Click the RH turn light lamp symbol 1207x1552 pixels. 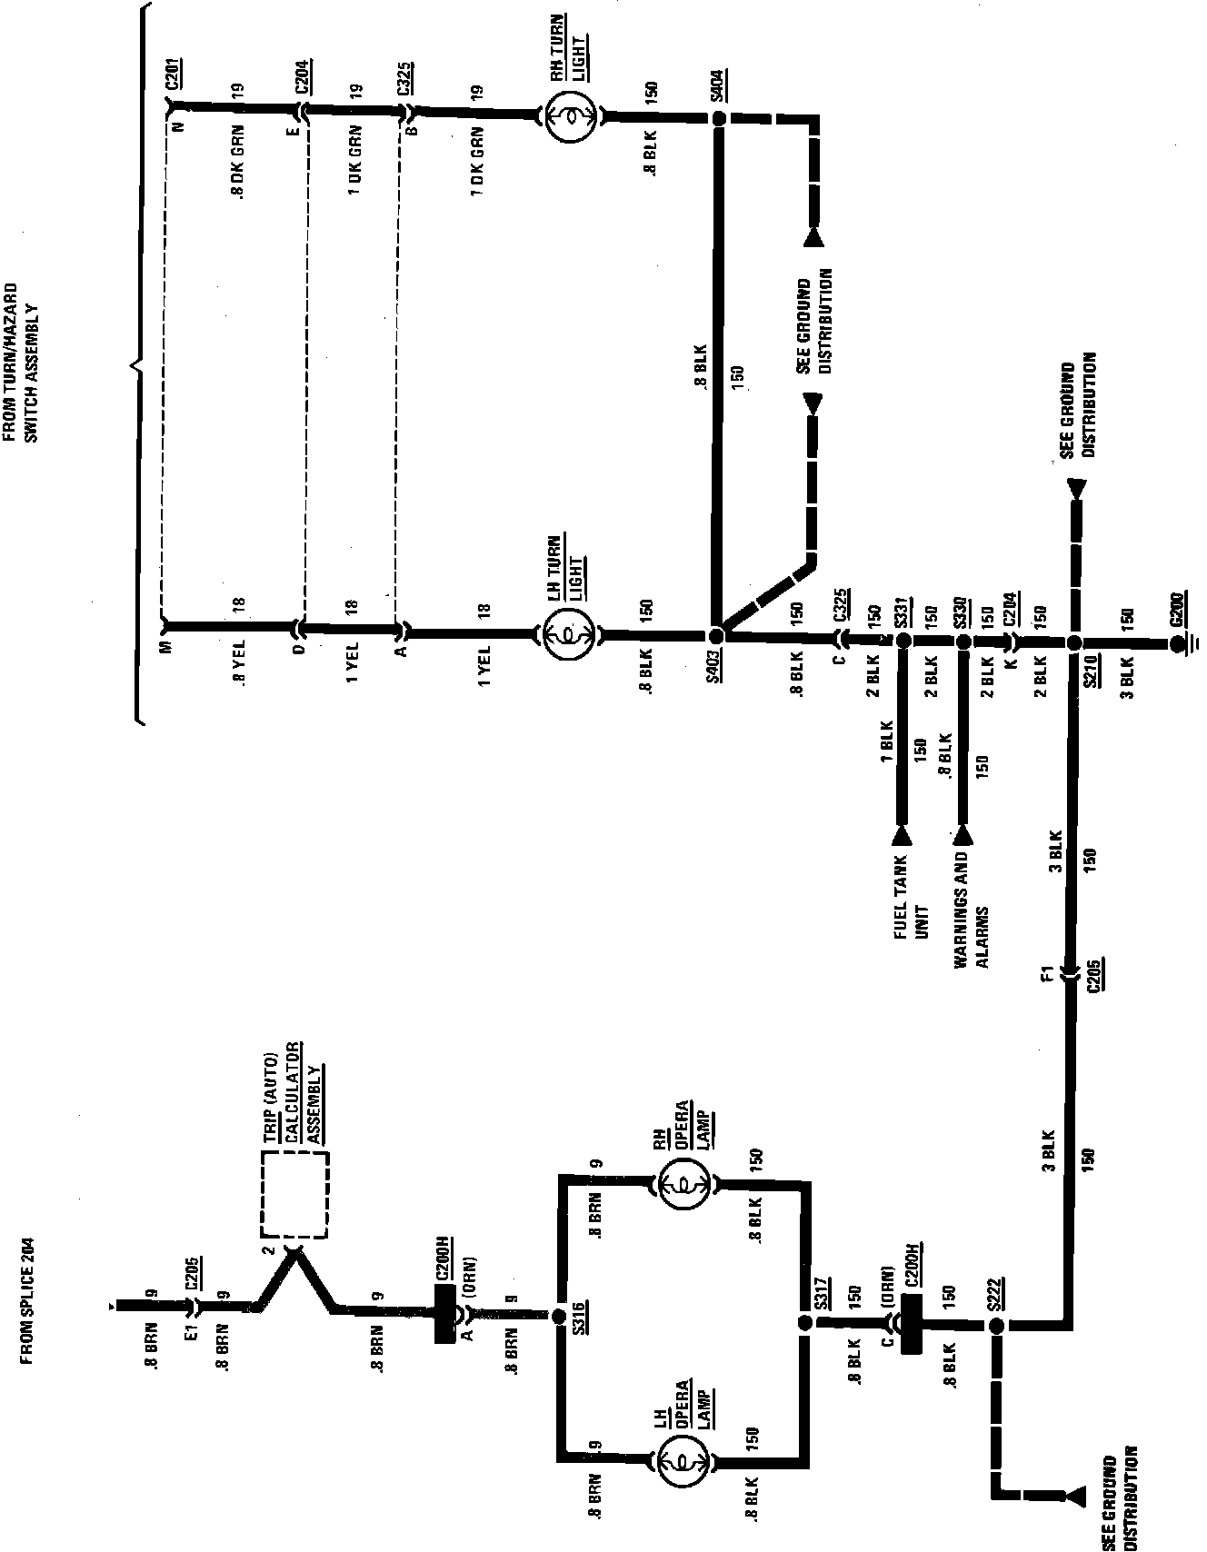pos(569,116)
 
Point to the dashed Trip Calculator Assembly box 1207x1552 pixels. pos(294,1194)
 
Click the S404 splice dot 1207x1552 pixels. pos(718,118)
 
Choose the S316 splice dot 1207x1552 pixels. pos(558,1316)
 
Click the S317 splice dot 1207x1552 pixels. pos(803,1323)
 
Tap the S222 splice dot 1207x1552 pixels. pos(996,1327)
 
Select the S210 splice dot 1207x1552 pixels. pos(1073,642)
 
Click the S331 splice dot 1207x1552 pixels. pos(903,641)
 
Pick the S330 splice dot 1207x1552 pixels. pos(963,641)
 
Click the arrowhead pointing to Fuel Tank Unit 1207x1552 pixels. pos(903,833)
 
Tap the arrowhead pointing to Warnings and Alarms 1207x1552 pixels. pos(963,833)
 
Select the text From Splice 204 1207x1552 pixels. pos(26,1291)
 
